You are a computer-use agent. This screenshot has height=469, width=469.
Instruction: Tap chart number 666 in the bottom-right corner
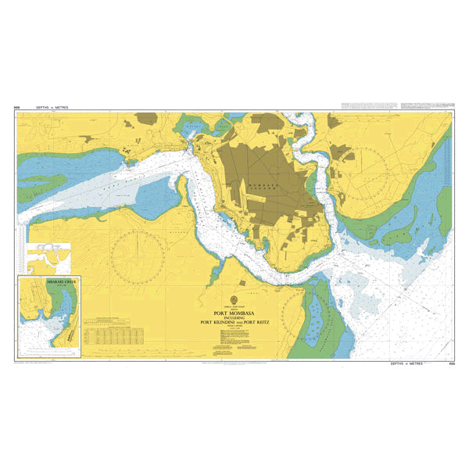point(452,363)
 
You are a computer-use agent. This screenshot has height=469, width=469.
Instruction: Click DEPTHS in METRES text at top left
point(59,109)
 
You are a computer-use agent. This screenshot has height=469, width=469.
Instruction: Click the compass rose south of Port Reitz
point(137,255)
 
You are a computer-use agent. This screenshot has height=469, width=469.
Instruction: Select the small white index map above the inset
point(48,255)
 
